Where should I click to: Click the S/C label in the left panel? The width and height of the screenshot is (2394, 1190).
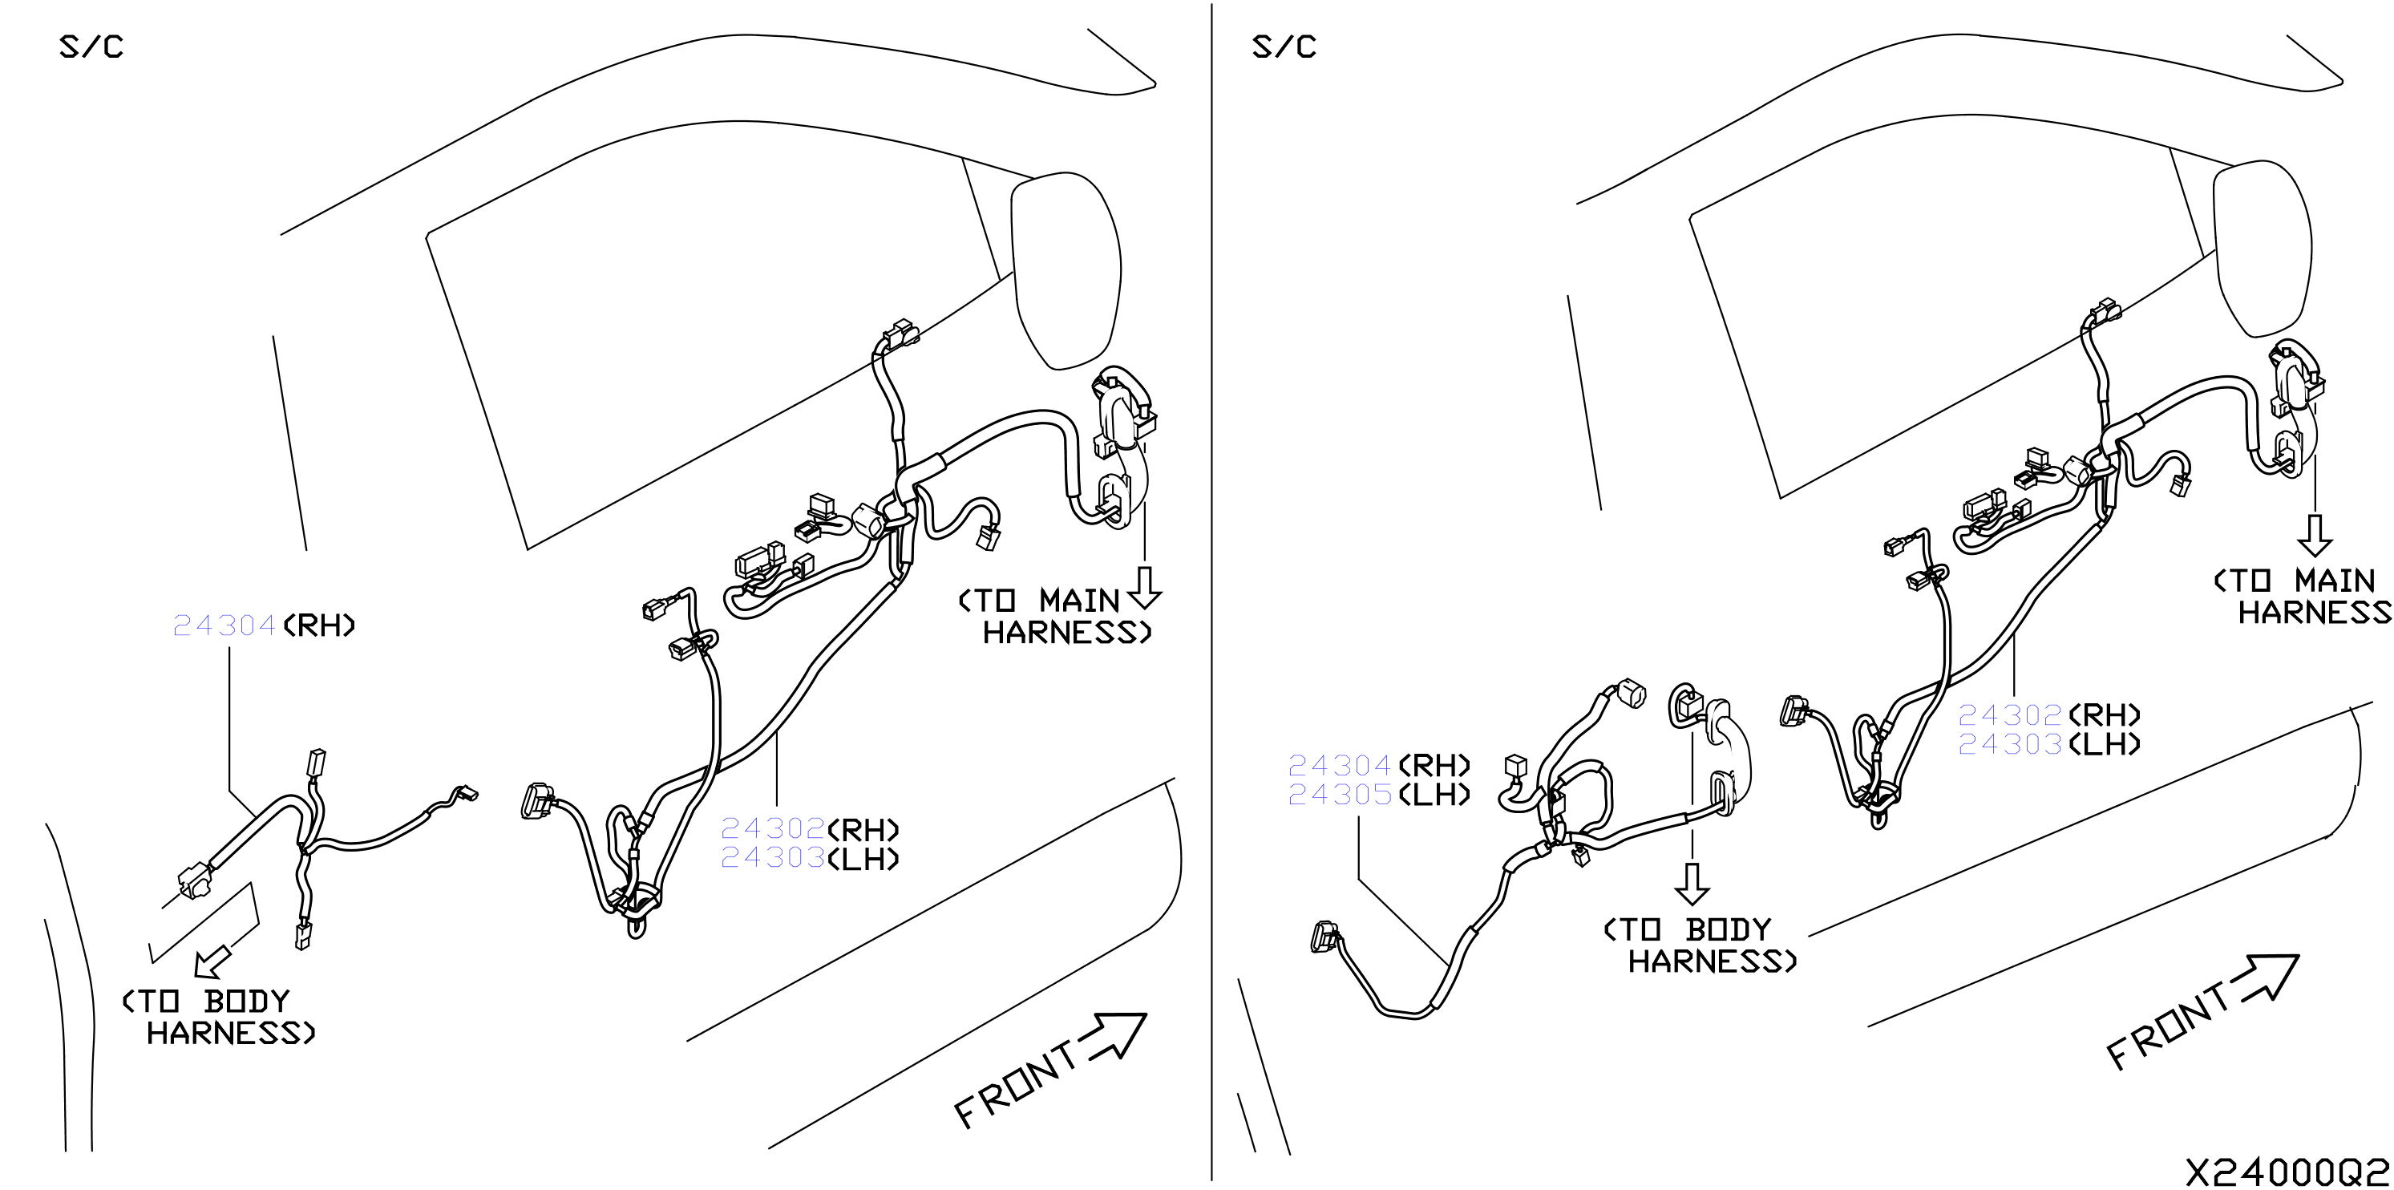pos(91,47)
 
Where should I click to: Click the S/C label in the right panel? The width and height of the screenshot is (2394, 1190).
pos(1284,47)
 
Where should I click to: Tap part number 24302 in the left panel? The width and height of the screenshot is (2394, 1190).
pos(772,828)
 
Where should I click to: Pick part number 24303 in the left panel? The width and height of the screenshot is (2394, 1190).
pos(772,857)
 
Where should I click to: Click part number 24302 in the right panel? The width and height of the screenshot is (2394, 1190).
pos(2010,715)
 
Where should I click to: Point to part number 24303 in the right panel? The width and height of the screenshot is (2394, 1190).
pos(2010,744)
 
